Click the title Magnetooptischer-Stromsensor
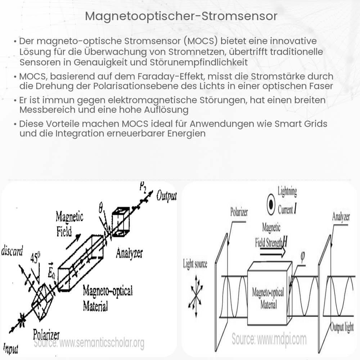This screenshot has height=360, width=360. (x=181, y=17)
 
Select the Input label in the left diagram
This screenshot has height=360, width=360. (x=10, y=348)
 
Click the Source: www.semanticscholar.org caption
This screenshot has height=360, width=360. (x=89, y=343)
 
